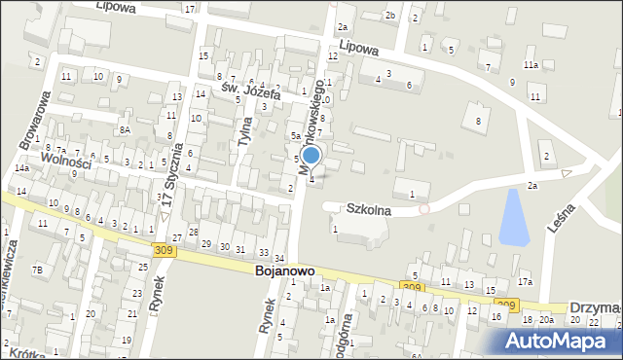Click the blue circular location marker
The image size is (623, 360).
311,155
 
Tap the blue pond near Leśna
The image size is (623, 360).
511,217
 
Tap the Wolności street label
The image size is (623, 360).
64,160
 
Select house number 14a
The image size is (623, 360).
21,168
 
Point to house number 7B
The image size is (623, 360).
37,270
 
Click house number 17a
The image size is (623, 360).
525,282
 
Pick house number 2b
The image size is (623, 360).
389,16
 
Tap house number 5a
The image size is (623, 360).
295,136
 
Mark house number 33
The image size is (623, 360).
264,253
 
